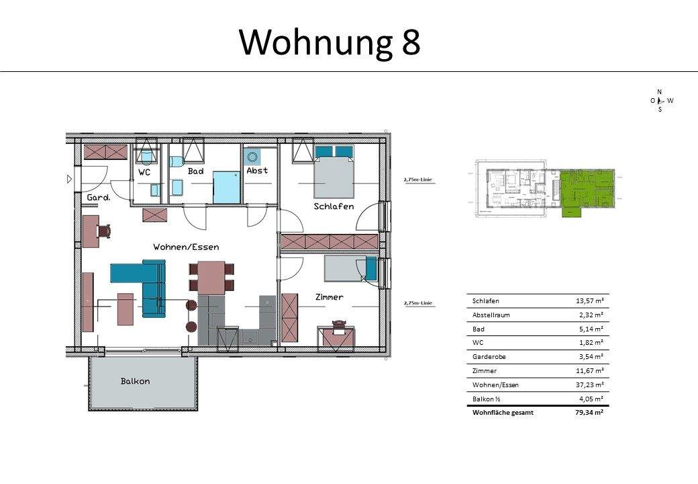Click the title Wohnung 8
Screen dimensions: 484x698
[x=330, y=42]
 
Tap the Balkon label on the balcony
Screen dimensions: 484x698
[x=135, y=381]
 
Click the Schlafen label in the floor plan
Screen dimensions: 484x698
[x=334, y=206]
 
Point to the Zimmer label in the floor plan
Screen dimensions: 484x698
[x=330, y=296]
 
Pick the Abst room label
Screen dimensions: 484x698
[x=257, y=171]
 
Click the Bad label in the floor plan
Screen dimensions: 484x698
[x=195, y=171]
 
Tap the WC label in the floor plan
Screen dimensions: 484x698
[x=144, y=172]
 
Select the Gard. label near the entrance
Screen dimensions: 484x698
[x=98, y=198]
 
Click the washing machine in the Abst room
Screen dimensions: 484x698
[x=252, y=157]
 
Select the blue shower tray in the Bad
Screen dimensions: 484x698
[x=226, y=187]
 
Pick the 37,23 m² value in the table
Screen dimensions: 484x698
[x=590, y=385]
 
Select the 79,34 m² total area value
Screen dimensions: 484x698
[x=590, y=413]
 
